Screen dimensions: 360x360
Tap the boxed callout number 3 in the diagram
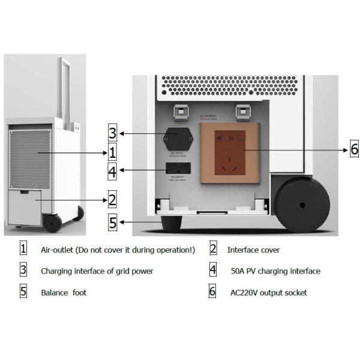click(112, 133)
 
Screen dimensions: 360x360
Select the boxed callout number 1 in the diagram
click(112, 152)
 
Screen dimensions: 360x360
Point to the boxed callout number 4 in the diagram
click(112, 172)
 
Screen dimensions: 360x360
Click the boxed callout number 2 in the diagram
click(112, 199)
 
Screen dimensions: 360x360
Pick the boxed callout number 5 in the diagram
click(112, 222)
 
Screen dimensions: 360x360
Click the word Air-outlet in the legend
click(58, 250)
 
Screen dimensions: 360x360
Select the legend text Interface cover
click(253, 250)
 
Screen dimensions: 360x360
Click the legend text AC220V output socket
click(268, 293)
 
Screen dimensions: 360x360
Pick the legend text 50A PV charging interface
click(275, 271)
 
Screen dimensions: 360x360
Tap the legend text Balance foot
click(64, 293)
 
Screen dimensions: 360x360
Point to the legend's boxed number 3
click(23, 270)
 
